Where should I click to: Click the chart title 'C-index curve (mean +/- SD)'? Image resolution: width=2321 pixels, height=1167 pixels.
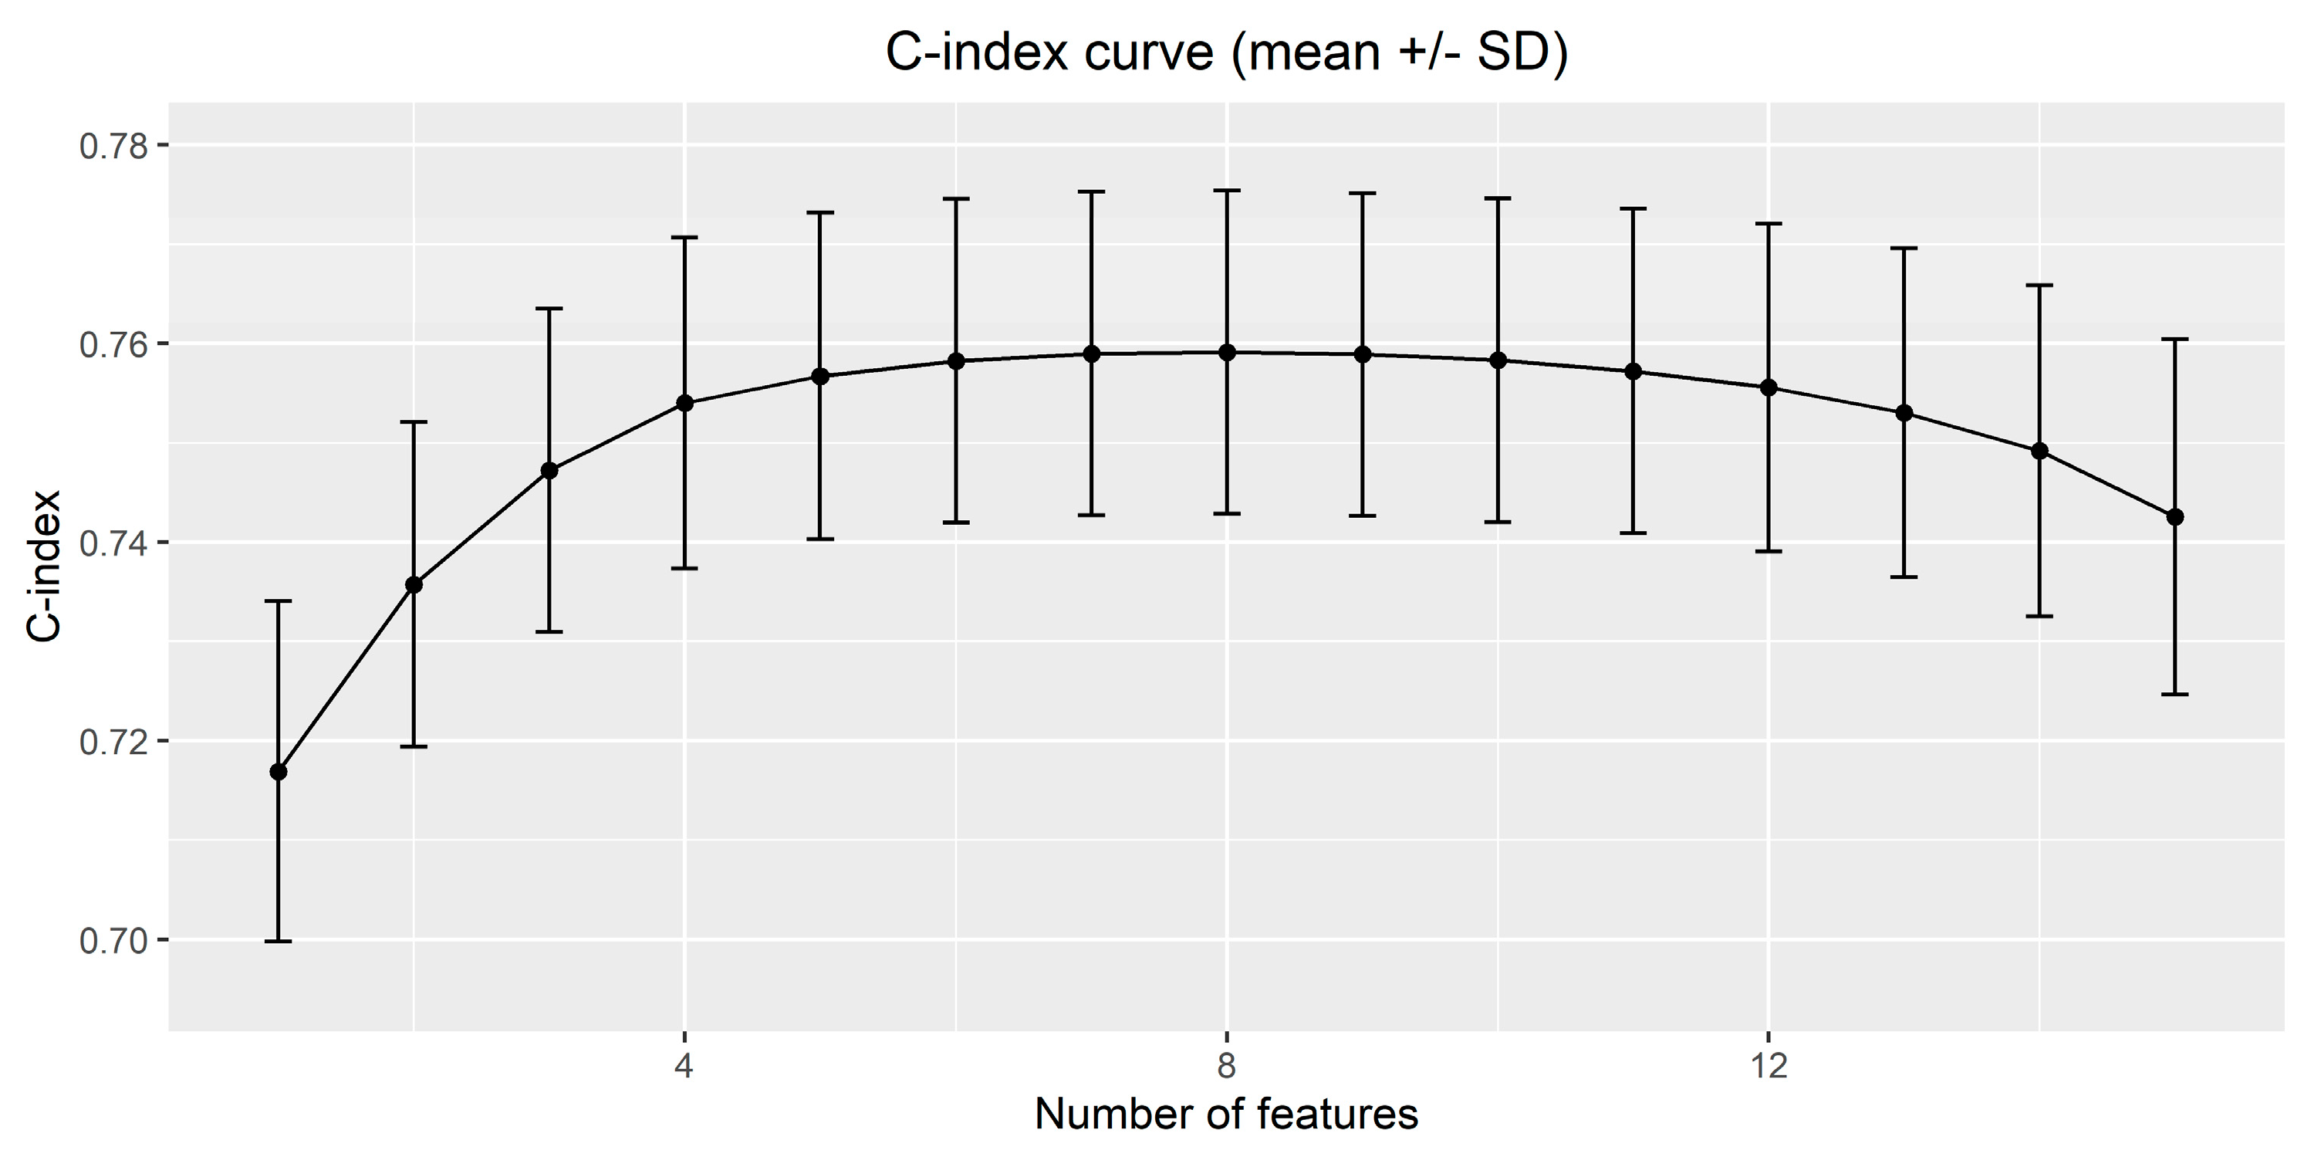click(1226, 53)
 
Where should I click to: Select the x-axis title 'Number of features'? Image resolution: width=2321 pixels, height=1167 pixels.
click(1226, 1115)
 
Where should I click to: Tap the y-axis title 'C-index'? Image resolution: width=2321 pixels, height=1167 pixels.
click(44, 566)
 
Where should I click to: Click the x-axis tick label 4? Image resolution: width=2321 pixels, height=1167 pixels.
click(684, 1066)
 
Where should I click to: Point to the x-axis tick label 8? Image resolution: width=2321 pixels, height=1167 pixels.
click(1226, 1066)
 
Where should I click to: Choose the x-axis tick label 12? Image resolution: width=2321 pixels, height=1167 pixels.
click(1769, 1066)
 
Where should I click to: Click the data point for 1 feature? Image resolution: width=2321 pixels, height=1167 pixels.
click(279, 771)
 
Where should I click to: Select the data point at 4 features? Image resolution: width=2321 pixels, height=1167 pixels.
click(684, 403)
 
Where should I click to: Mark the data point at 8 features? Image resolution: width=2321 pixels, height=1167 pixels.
click(1226, 353)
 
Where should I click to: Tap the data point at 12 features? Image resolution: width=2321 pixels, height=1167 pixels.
click(1769, 387)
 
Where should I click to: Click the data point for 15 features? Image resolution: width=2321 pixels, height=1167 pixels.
click(2175, 516)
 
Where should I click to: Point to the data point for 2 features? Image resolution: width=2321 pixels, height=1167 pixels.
click(414, 585)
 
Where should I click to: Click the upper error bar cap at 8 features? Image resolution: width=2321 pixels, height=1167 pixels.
click(1226, 190)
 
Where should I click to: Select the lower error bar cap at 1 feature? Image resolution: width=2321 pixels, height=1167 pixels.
click(279, 941)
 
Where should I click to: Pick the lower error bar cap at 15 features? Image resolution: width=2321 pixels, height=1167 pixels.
click(2175, 694)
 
